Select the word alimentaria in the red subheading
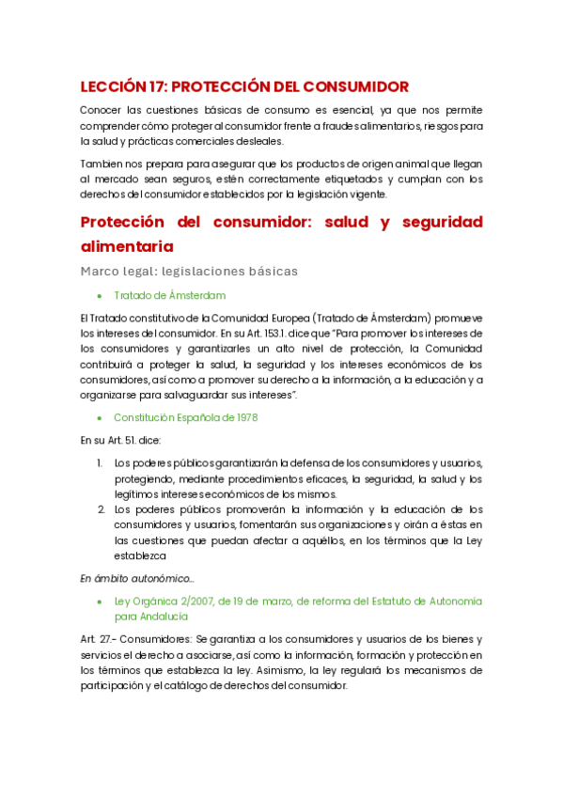click(127, 246)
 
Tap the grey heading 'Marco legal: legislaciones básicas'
click(189, 271)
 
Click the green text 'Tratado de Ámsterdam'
click(169, 296)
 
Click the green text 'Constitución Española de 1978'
click(186, 416)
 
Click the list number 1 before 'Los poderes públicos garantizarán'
click(100, 462)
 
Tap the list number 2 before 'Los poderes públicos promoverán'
click(100, 509)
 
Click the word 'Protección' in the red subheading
click(127, 222)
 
